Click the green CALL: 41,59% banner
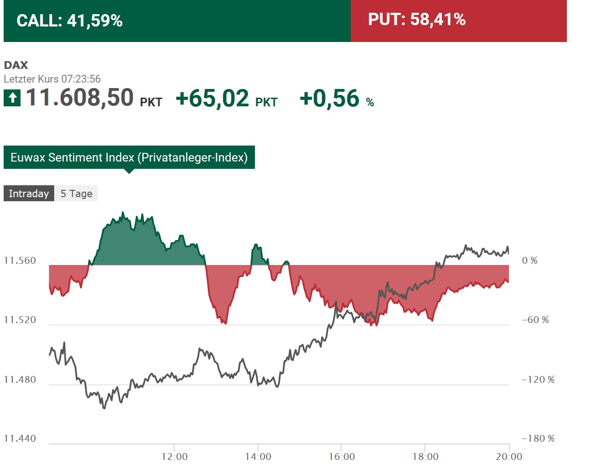click(x=177, y=21)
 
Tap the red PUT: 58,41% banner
click(x=458, y=21)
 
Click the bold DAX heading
click(x=16, y=65)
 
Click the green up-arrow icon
click(x=12, y=98)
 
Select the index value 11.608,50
click(x=80, y=98)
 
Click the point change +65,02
click(x=213, y=99)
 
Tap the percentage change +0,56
click(x=330, y=99)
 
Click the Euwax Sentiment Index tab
click(x=129, y=157)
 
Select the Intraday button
click(x=29, y=193)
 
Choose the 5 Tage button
click(x=76, y=193)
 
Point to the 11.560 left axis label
click(x=20, y=261)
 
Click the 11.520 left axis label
click(x=20, y=320)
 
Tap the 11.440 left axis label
click(x=20, y=439)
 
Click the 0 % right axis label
click(x=530, y=261)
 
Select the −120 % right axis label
click(x=538, y=380)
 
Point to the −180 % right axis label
click(x=538, y=439)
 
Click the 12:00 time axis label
click(x=174, y=457)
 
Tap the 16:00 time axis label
click(x=342, y=457)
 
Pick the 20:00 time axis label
click(x=509, y=457)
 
